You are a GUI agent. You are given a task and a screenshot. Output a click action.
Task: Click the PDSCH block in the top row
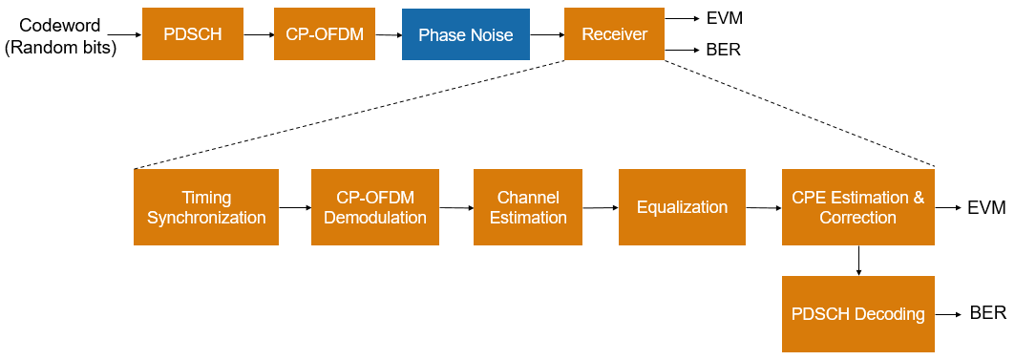(x=193, y=33)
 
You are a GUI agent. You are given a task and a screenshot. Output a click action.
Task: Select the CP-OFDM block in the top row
(x=325, y=33)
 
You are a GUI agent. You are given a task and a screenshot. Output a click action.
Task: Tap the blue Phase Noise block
(x=466, y=34)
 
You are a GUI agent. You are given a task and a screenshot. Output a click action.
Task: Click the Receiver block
(x=614, y=33)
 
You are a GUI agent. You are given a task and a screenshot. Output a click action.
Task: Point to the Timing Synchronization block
(x=206, y=207)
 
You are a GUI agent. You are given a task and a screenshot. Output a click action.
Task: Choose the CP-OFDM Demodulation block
(x=375, y=207)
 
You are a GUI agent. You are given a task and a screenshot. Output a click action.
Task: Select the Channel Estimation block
(x=528, y=207)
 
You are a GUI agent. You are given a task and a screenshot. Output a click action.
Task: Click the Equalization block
(x=683, y=207)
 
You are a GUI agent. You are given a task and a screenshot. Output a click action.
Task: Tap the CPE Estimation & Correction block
(x=858, y=207)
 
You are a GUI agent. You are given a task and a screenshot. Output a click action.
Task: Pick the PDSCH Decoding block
(x=858, y=314)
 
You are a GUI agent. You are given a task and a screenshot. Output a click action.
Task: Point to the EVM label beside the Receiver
(x=724, y=18)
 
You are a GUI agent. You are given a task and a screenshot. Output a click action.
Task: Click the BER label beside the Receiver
(x=723, y=50)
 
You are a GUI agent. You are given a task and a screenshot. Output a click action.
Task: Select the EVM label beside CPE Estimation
(x=987, y=208)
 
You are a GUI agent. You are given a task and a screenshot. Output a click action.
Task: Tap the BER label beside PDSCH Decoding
(x=988, y=313)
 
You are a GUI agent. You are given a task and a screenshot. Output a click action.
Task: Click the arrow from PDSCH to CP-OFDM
(x=258, y=34)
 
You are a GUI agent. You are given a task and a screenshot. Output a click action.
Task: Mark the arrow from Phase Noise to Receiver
(x=547, y=34)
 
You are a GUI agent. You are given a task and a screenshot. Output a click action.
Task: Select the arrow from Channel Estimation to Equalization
(x=601, y=208)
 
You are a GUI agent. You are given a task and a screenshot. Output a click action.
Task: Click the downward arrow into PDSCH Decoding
(x=858, y=261)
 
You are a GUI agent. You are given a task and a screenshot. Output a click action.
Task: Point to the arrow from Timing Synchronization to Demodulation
(x=295, y=208)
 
